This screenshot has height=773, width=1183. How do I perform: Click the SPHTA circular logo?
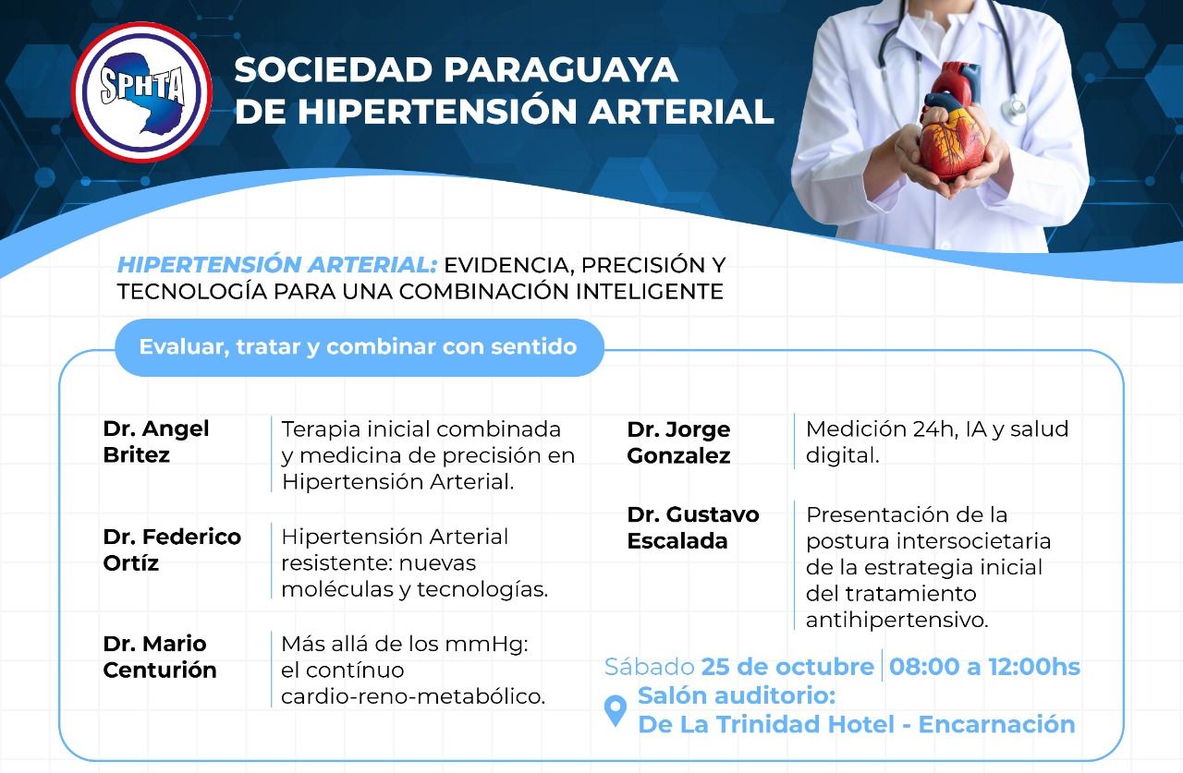coord(141,92)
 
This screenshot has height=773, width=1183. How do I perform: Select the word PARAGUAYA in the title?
coord(561,69)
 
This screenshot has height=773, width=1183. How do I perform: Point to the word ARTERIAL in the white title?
coord(681,112)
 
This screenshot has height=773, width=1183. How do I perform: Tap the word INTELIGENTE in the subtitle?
coord(649,291)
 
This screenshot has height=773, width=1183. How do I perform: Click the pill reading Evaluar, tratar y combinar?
coord(360,347)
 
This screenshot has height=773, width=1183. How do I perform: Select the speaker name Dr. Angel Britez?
coord(156,441)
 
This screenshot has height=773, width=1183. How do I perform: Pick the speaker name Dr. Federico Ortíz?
coord(172,550)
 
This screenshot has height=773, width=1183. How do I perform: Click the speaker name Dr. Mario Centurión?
coord(160,657)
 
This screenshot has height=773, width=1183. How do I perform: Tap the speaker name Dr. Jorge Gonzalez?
coord(678,442)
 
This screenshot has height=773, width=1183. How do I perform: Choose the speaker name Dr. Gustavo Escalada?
coord(693,527)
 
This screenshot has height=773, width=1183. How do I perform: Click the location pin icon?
coord(616,710)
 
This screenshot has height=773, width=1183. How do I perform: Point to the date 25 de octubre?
coord(787,667)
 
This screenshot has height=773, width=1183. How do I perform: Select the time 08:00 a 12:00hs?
coord(985,667)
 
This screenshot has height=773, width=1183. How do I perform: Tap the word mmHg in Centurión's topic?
coord(486,645)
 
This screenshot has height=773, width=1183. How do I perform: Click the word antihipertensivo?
coord(896,620)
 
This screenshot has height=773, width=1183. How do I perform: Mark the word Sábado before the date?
coord(649,667)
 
